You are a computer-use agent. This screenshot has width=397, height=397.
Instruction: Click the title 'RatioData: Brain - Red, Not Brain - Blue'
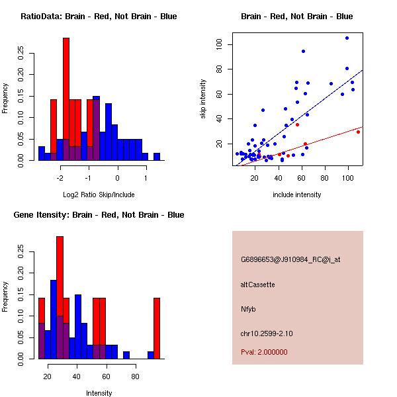pos(99,17)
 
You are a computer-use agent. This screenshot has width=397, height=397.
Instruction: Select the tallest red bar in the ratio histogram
pos(66,99)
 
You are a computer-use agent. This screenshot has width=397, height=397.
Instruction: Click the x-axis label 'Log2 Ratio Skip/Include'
pos(99,195)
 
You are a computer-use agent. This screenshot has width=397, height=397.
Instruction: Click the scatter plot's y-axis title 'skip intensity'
pos(204,99)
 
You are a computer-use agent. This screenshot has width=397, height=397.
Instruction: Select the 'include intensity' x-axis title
pos(297,195)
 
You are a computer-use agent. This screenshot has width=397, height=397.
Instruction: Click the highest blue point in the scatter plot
pos(347,38)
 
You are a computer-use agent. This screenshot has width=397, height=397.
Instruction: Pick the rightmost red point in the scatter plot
pos(358,132)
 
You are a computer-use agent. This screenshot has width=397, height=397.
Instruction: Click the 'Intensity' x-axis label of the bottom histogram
pos(99,393)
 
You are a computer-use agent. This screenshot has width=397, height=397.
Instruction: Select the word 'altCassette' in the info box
pos(257,285)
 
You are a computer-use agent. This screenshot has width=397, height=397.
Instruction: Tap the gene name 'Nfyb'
pos(247,308)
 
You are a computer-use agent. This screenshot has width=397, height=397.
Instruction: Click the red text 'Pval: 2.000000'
pos(264,352)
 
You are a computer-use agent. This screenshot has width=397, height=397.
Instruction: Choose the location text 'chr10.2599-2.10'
pos(266,333)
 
